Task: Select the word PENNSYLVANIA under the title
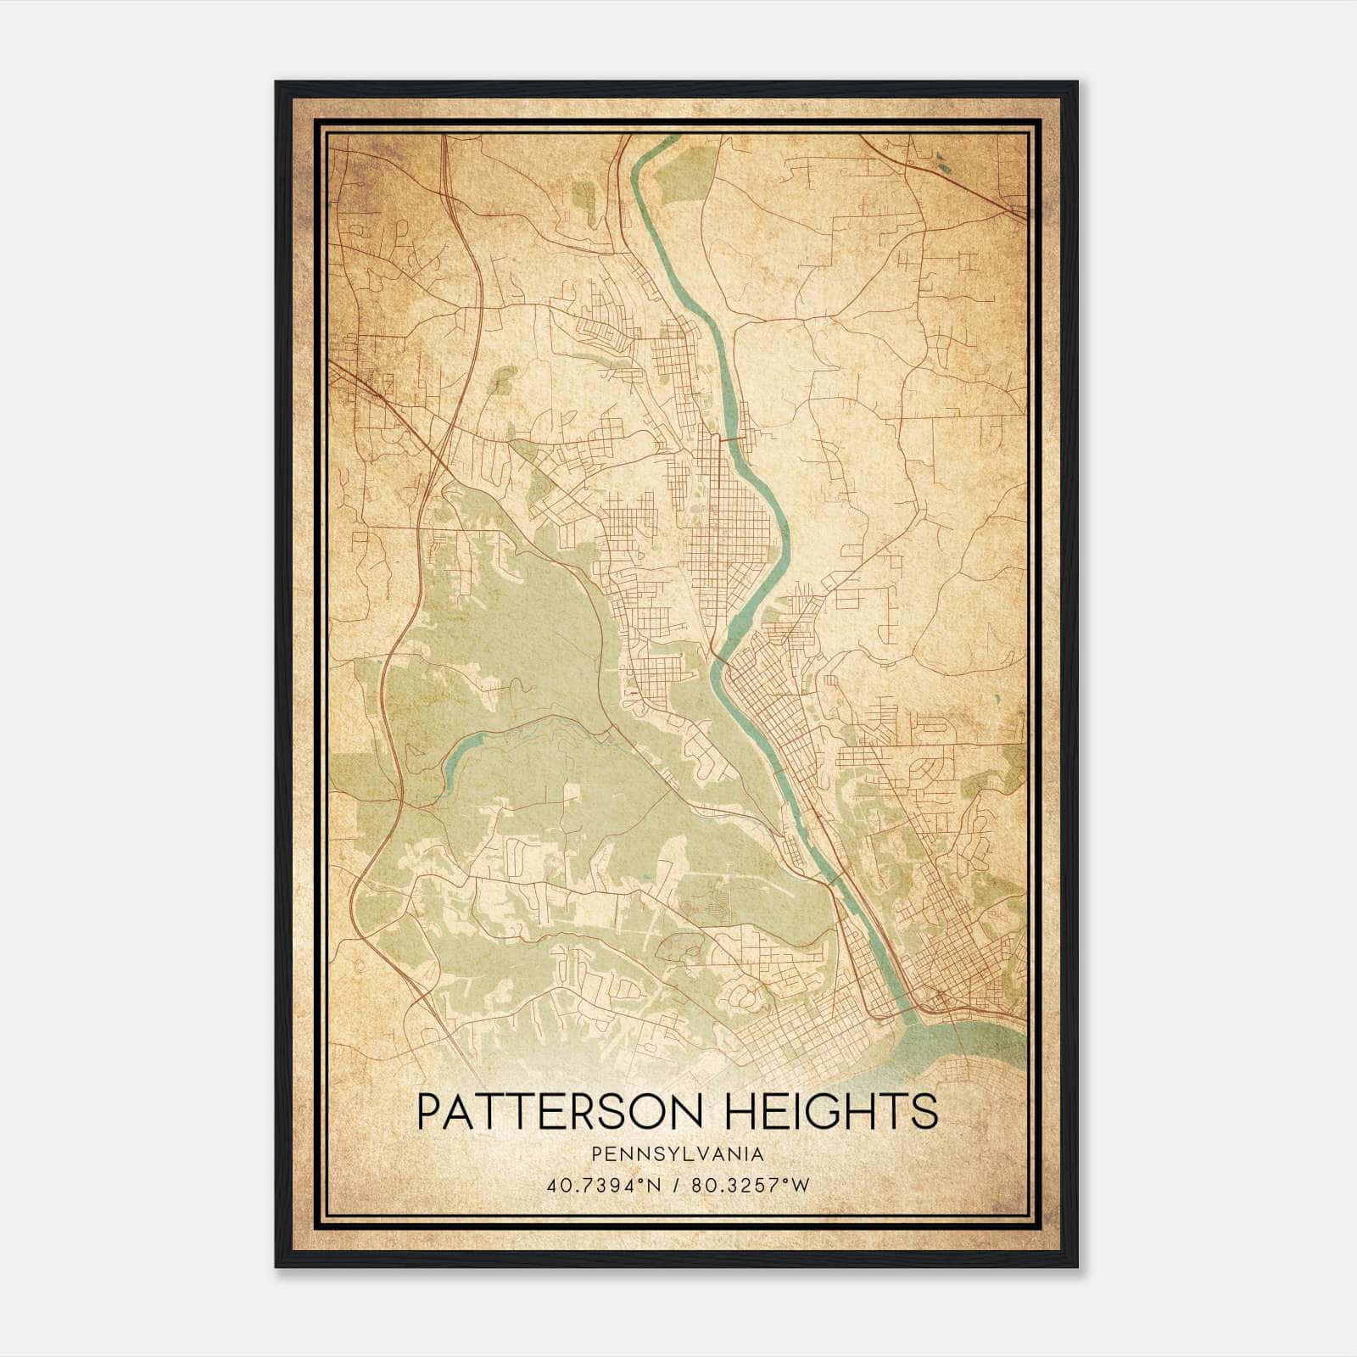[678, 1154]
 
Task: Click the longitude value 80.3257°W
[751, 1186]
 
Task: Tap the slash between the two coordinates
[678, 1186]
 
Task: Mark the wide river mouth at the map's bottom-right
[967, 1043]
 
